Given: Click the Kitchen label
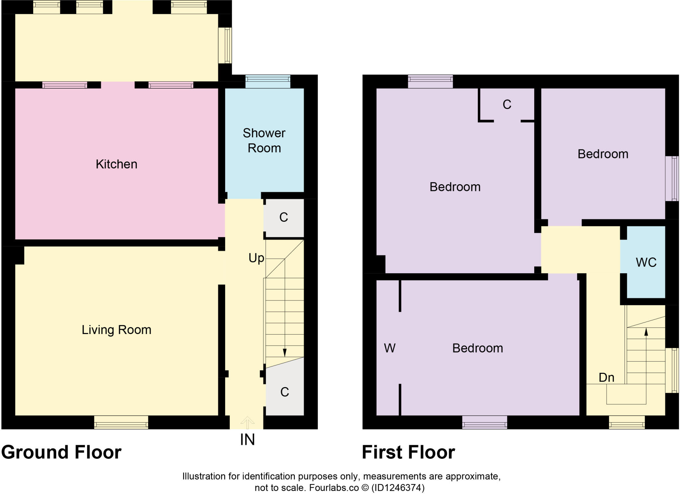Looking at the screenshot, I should pos(116,164).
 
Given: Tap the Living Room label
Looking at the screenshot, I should pos(116,330).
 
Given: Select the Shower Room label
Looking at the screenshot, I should pos(264,140).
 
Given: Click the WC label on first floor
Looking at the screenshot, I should pos(646,262).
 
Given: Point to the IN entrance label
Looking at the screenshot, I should pos(247,440).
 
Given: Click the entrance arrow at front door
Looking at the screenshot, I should pos(247,422).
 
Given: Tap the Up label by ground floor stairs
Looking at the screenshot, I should pos(256,258).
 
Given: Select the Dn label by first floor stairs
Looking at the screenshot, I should pos(606,377).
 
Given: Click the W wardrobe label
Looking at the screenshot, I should pos(389,348).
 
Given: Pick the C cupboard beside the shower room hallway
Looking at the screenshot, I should pos(284,217).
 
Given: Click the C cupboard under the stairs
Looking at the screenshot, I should pos(285,392).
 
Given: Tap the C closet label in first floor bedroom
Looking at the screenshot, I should pos(507,105).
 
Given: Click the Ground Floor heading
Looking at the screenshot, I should pos(61,452).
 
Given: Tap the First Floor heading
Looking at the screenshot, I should pos(408,452).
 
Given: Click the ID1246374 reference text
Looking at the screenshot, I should pos(397,488).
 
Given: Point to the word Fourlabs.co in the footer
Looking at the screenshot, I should pos(334,488).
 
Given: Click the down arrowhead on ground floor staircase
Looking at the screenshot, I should pos(285,353).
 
